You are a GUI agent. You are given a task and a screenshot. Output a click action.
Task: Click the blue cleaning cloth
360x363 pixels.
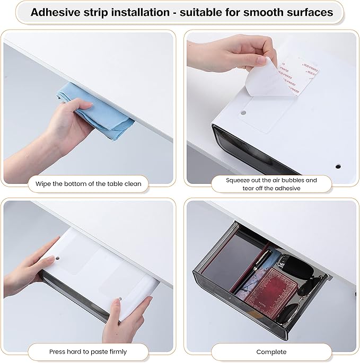point(95,109)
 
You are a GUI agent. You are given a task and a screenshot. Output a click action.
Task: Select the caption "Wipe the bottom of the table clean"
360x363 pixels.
point(89,184)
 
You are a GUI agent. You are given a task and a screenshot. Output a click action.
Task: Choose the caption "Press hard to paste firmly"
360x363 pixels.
point(88,351)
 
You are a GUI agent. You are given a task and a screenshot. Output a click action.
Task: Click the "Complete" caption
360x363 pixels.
point(271,351)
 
